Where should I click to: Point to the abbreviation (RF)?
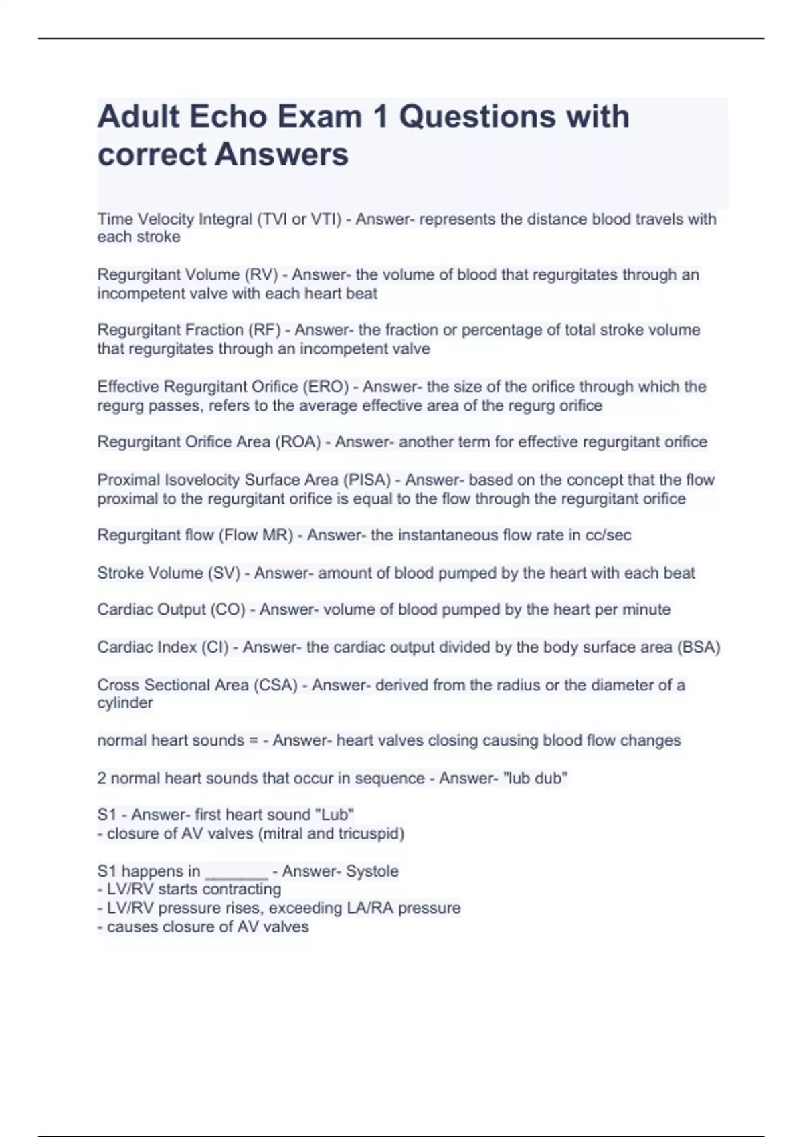[x=264, y=330]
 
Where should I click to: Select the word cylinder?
[x=125, y=703]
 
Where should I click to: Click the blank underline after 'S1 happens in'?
[x=236, y=871]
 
